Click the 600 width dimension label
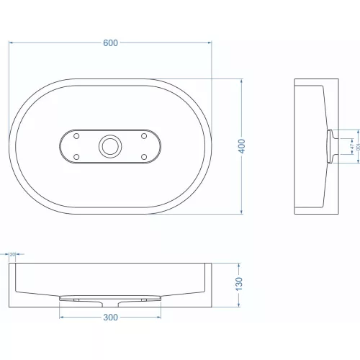(110, 42)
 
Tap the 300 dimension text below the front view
(110, 317)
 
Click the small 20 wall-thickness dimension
(12, 254)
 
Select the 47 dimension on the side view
(351, 146)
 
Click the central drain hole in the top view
(110, 146)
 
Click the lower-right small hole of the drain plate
(143, 156)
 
